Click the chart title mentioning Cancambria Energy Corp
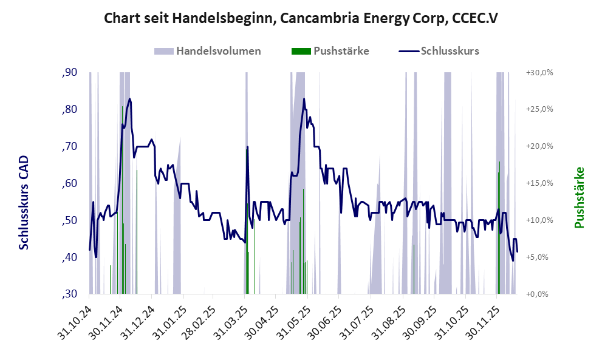pos(301,18)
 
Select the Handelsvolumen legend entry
pos(208,51)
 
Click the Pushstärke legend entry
pos(330,51)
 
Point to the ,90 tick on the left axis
pos(69,73)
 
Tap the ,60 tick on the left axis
pos(69,183)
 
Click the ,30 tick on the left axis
pos(69,294)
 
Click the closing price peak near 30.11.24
pos(129,99)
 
